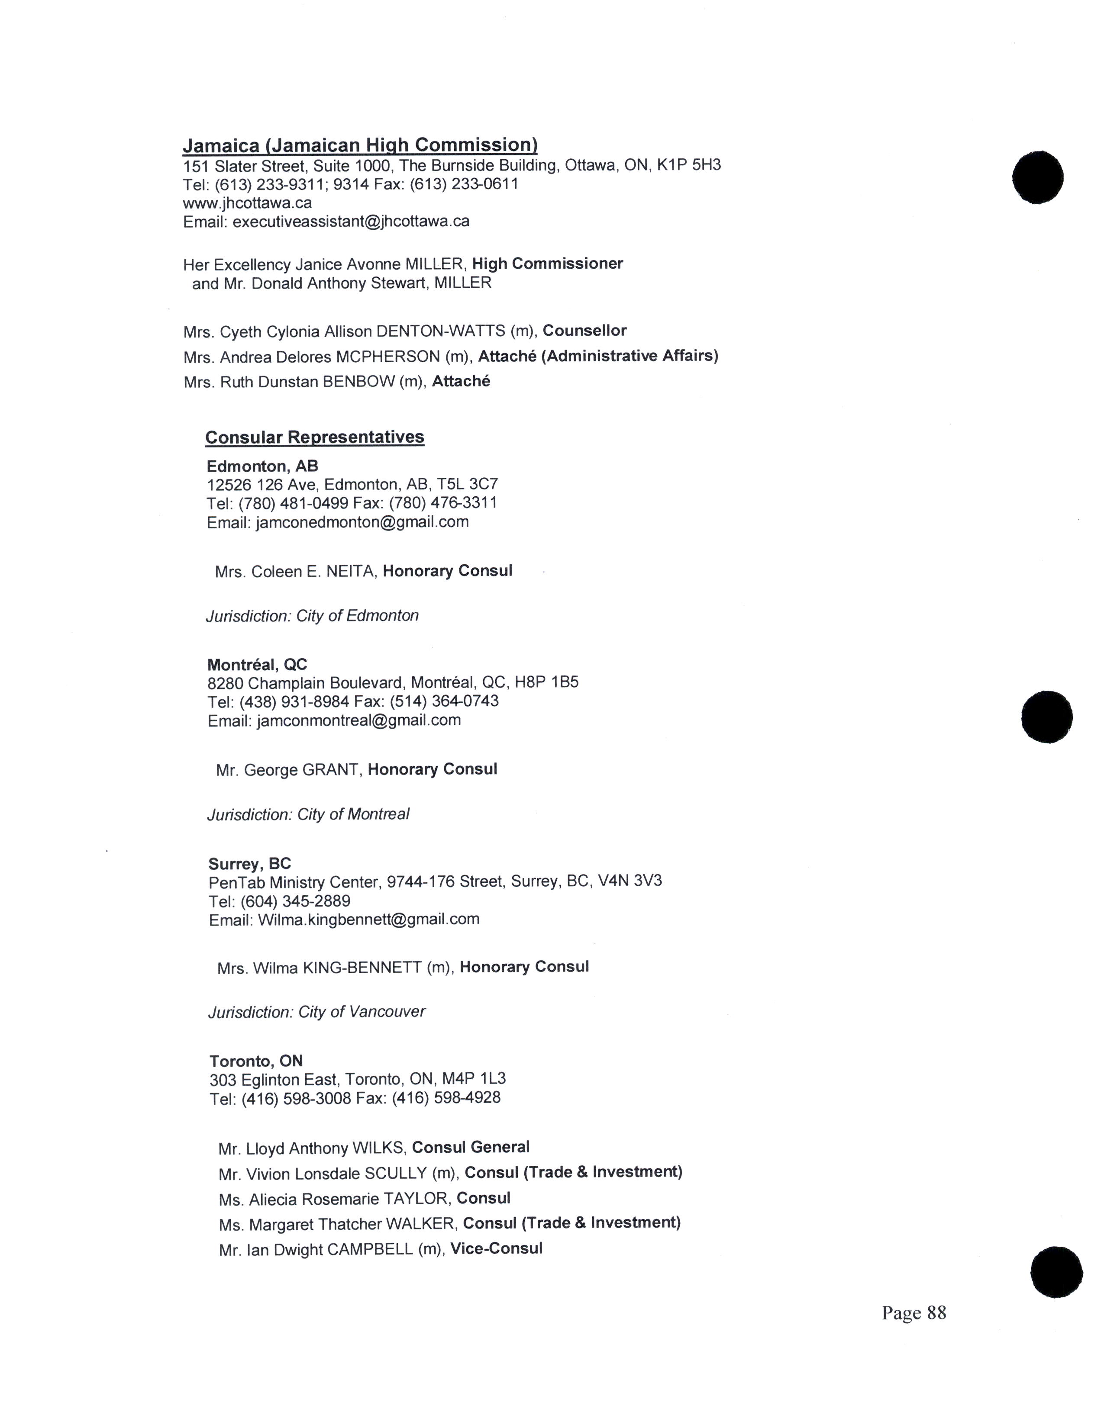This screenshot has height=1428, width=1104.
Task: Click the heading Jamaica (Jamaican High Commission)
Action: [360, 145]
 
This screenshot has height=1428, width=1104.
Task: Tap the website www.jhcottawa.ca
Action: [247, 203]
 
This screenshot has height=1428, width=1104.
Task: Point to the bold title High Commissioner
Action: [547, 264]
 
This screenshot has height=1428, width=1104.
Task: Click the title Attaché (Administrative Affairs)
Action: [598, 356]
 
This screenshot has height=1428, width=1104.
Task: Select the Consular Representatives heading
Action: [315, 437]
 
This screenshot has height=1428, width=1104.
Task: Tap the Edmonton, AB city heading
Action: [262, 466]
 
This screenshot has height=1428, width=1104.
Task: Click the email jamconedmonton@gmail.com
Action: [362, 522]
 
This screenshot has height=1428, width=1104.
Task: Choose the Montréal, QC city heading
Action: [257, 665]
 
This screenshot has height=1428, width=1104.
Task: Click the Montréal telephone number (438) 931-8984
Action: [294, 701]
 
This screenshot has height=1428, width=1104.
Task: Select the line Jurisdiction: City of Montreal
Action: [308, 815]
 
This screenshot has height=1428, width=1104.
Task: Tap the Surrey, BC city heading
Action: [250, 864]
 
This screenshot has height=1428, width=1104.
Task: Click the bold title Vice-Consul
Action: [497, 1249]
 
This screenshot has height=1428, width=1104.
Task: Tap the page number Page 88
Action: [913, 1313]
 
